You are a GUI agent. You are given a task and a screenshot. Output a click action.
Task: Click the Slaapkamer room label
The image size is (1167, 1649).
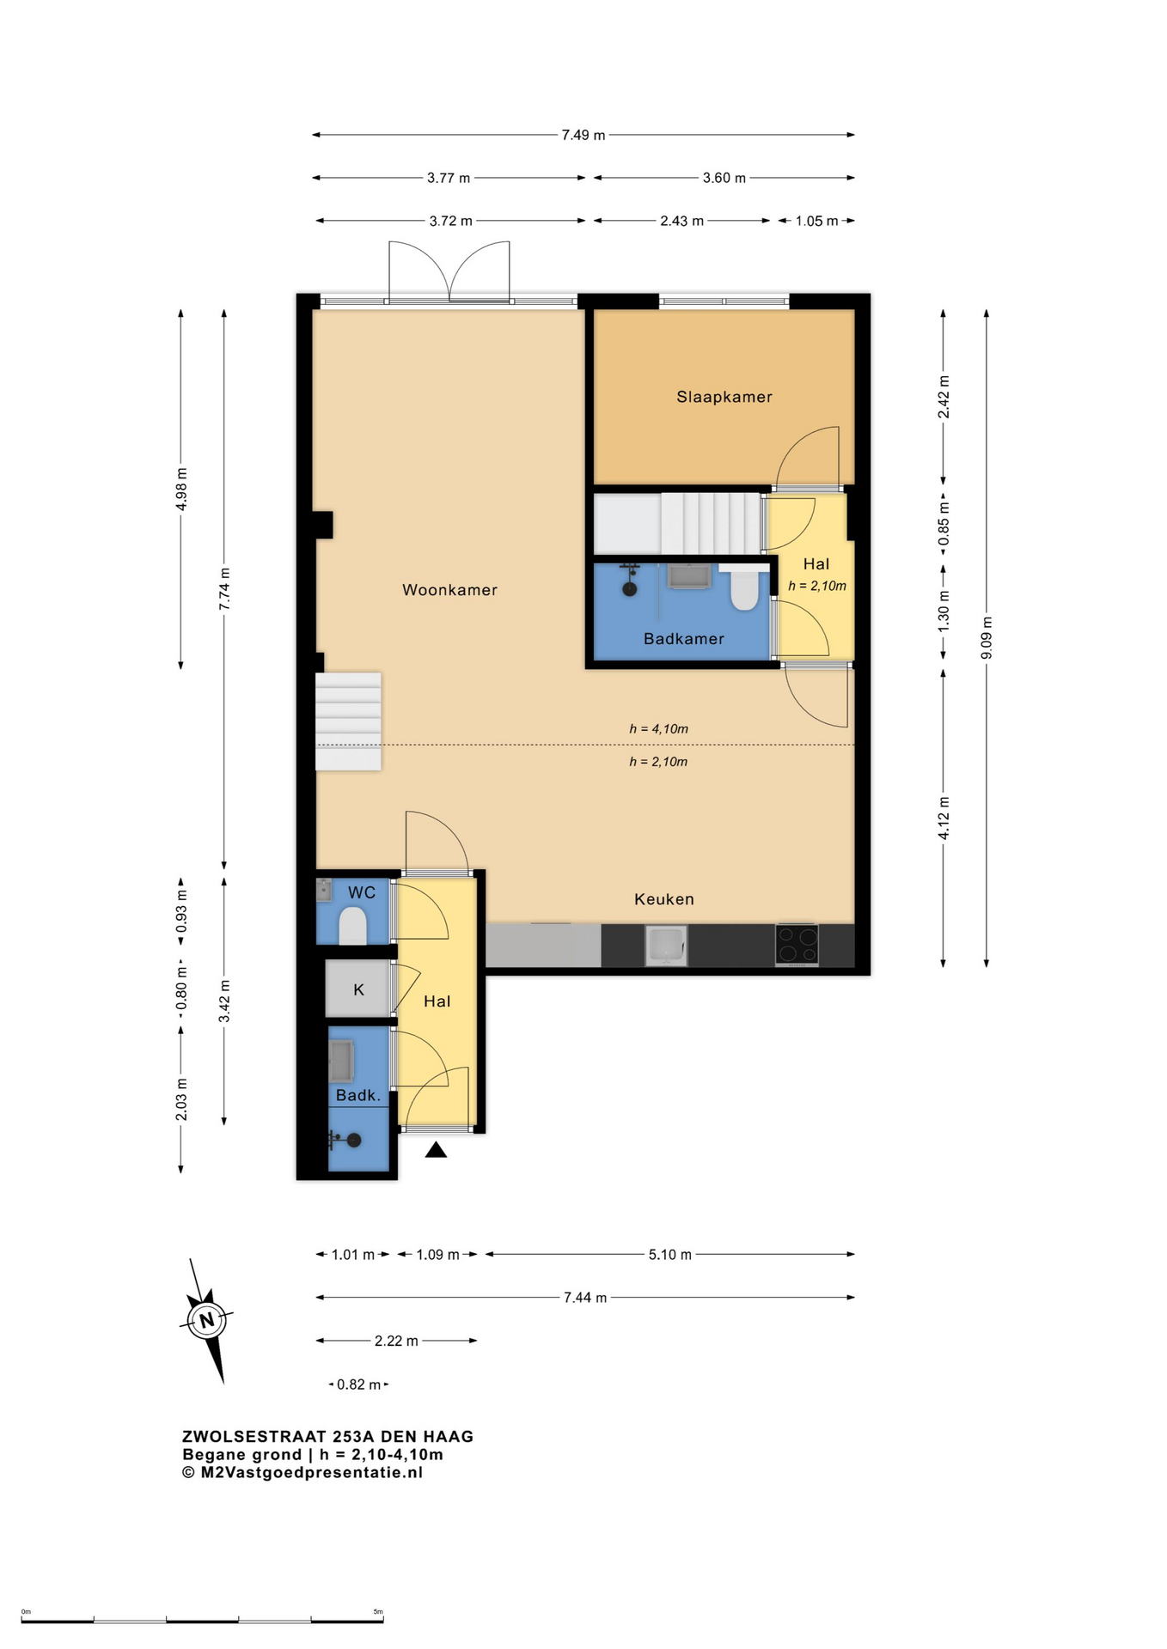[724, 397]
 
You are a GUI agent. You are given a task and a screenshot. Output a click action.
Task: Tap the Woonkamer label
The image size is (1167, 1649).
[449, 590]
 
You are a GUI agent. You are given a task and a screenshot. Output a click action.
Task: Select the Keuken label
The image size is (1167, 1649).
[663, 899]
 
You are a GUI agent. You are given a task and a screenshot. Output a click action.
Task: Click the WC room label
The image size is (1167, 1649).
[362, 892]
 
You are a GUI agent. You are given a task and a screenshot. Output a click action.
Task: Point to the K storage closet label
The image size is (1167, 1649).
[359, 989]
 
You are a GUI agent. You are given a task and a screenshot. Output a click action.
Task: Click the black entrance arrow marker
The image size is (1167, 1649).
[436, 1149]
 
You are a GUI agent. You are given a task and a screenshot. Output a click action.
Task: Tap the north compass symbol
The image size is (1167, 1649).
[207, 1321]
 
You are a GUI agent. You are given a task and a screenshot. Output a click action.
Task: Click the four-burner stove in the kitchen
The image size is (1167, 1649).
[797, 945]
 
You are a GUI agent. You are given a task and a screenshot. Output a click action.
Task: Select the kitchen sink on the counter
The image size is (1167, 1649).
[666, 945]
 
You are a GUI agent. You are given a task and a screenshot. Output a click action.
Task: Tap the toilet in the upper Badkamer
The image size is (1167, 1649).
[744, 588]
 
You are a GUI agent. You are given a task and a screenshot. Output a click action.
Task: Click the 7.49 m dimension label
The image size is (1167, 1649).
[583, 135]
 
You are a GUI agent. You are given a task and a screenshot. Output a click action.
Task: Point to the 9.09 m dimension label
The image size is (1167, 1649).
[987, 638]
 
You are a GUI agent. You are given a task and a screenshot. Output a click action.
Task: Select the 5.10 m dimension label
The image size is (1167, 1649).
[669, 1255]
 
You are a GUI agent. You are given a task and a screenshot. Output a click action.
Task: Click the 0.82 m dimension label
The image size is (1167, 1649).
[358, 1384]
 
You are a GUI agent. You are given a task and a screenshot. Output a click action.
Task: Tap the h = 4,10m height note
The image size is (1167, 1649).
[658, 729]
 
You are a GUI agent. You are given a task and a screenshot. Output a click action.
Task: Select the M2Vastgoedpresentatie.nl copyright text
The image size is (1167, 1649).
[302, 1472]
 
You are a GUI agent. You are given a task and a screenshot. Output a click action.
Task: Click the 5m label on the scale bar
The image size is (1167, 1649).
[378, 1611]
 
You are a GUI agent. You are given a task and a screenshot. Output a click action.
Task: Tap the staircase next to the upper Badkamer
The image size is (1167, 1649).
[679, 523]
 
